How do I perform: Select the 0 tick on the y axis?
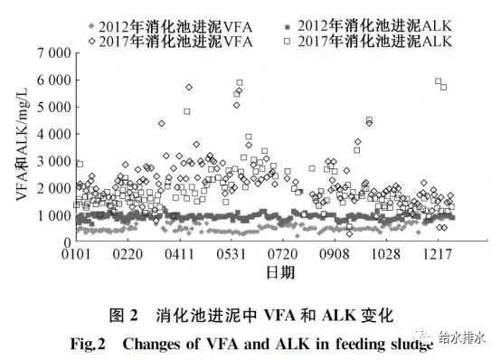(65, 242)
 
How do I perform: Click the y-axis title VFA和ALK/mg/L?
(23, 149)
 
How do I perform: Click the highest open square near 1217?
(438, 81)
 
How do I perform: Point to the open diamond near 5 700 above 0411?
(188, 87)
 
